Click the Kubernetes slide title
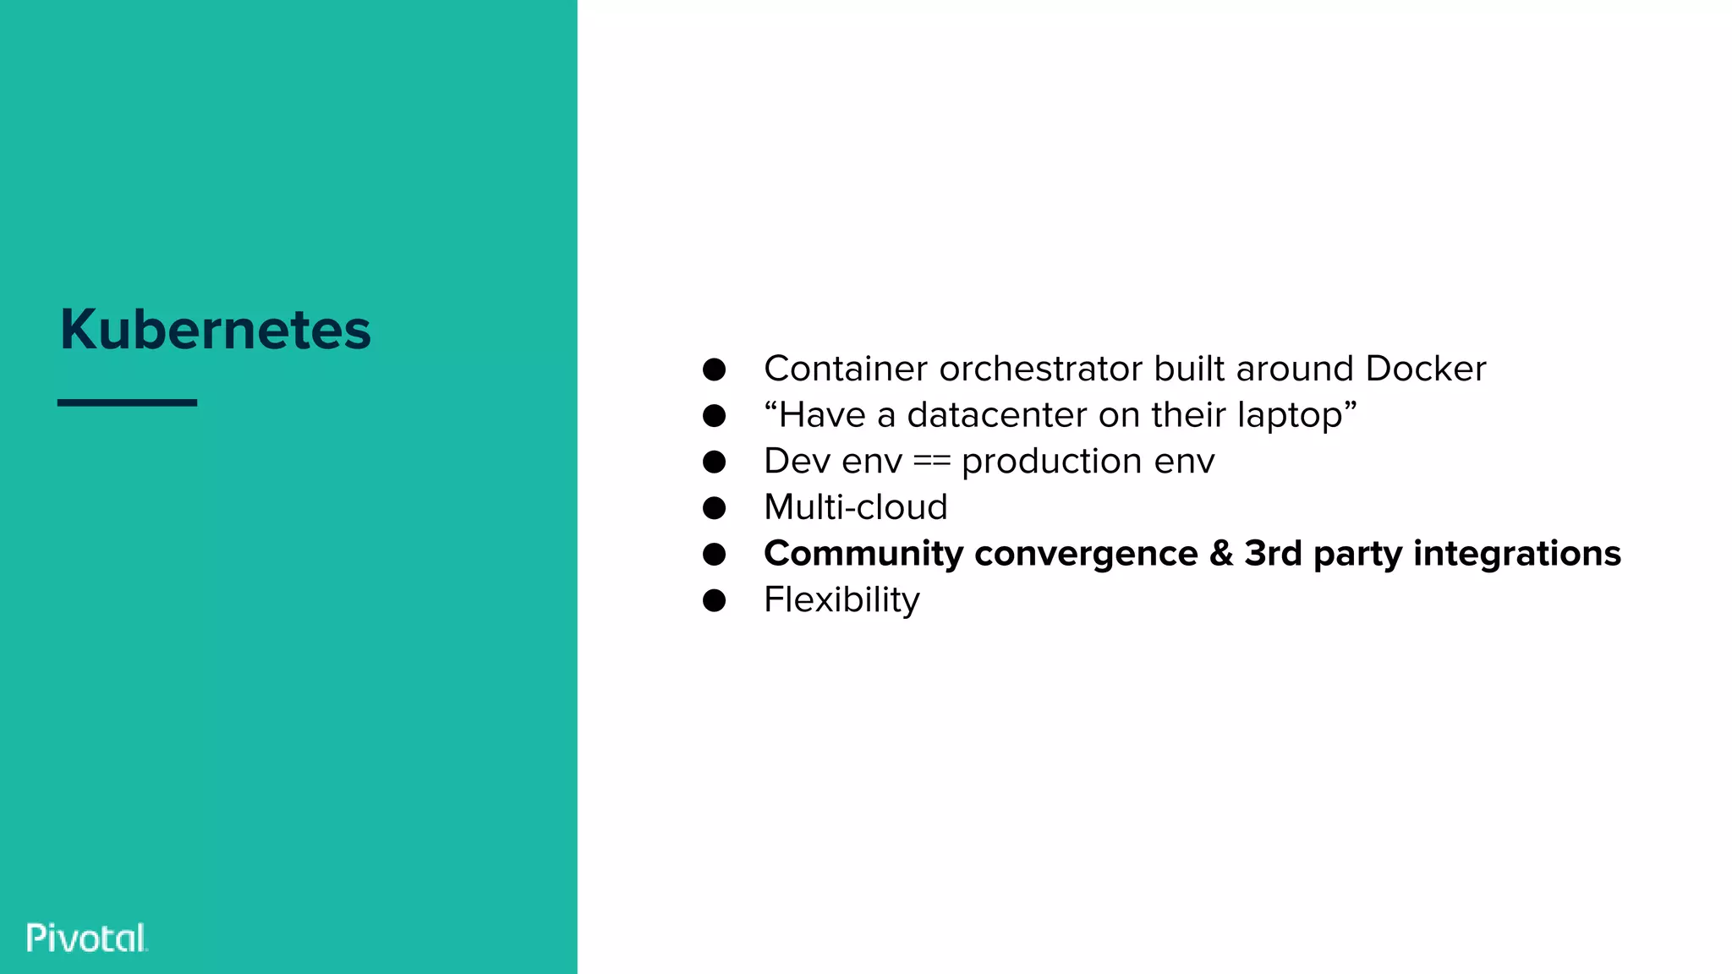pyautogui.click(x=216, y=329)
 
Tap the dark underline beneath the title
pyautogui.click(x=127, y=402)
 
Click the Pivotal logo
pyautogui.click(x=87, y=938)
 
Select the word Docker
pyautogui.click(x=1425, y=369)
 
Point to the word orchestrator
pyautogui.click(x=1041, y=369)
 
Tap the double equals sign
pyautogui.click(x=932, y=462)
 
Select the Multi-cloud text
pyautogui.click(x=855, y=507)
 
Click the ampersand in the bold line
pyautogui.click(x=1221, y=554)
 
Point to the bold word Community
pyautogui.click(x=863, y=555)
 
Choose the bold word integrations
pyautogui.click(x=1517, y=555)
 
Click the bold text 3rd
pyautogui.click(x=1273, y=554)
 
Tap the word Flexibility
pyautogui.click(x=841, y=600)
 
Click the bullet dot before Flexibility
pyautogui.click(x=714, y=600)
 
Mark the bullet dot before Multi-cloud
pyautogui.click(x=714, y=508)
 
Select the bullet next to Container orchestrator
pyautogui.click(x=714, y=369)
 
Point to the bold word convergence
pyautogui.click(x=1086, y=555)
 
